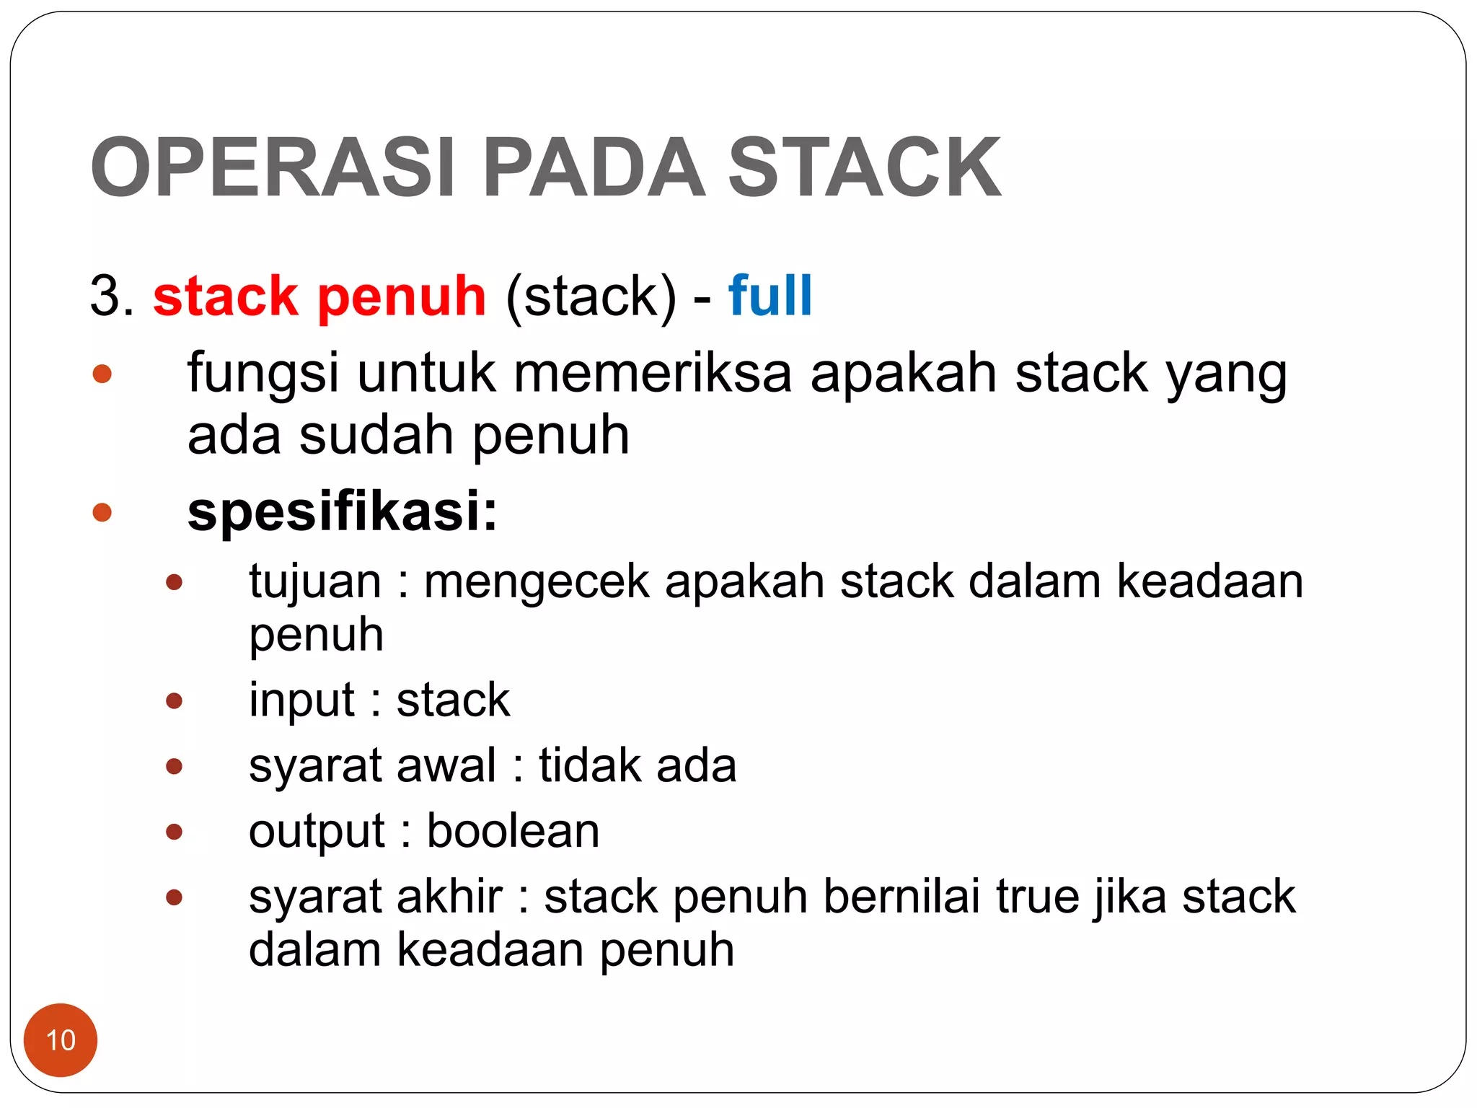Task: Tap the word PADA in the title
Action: pos(593,167)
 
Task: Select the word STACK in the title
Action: pos(864,167)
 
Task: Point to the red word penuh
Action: pos(402,297)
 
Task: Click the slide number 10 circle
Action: pos(61,1040)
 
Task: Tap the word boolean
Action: pos(513,831)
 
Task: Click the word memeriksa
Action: pos(653,373)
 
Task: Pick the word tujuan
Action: pos(315,581)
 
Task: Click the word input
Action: pos(301,700)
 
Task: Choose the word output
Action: pos(317,831)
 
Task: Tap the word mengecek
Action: pos(537,581)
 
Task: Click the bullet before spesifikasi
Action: pos(102,511)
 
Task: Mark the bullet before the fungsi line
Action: pos(102,373)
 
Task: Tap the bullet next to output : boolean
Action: pos(174,832)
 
